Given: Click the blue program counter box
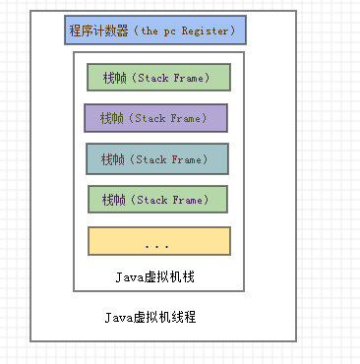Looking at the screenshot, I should click(155, 30).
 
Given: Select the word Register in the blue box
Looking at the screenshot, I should click(209, 30).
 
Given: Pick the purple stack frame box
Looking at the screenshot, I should click(155, 118).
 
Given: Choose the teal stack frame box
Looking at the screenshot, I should click(157, 158).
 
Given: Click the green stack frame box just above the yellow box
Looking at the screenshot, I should click(157, 200).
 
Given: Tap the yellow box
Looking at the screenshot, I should click(158, 241).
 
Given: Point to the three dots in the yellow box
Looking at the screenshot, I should click(157, 243).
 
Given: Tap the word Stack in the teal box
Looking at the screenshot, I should click(151, 158).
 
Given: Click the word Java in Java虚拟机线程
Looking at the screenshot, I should click(118, 318).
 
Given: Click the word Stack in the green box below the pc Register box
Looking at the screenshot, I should click(152, 77).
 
